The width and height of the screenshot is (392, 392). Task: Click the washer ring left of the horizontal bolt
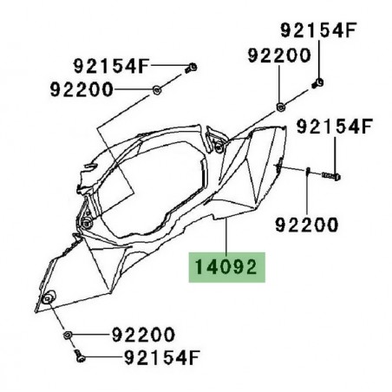point(307,174)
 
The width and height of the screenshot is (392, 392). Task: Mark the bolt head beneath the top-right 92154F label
point(317,83)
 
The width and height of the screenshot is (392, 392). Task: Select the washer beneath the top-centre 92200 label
point(281,107)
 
